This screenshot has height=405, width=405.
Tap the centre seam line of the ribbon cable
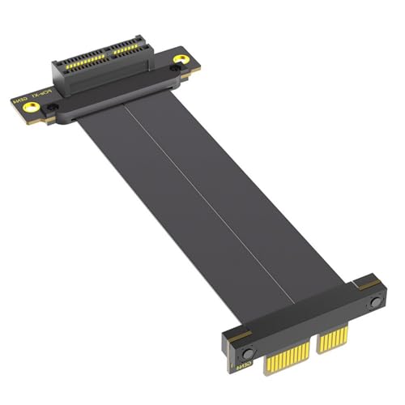pos(202,202)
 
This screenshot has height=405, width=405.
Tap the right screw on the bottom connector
pos(374,302)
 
